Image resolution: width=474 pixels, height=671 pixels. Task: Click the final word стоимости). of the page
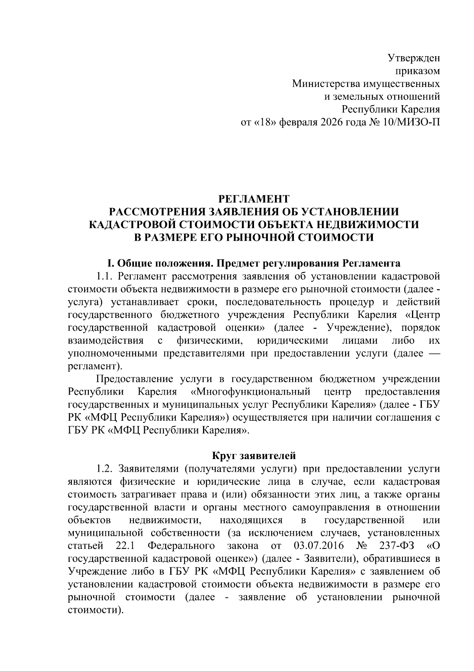(x=95, y=610)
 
